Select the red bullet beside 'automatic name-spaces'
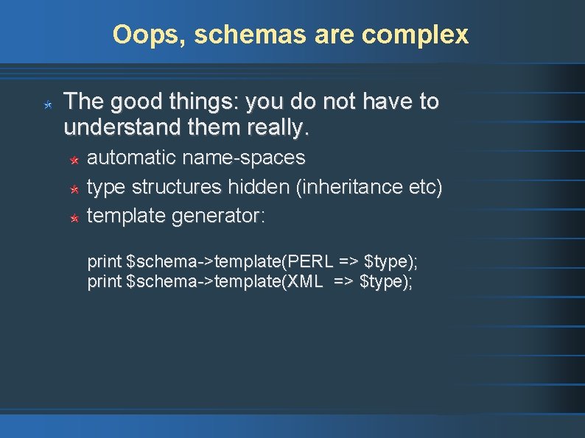[x=74, y=160]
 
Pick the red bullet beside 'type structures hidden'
[x=74, y=189]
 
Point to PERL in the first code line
[x=313, y=261]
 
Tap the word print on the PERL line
[x=105, y=261]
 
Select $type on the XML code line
[x=385, y=281]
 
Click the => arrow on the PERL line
[x=349, y=261]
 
